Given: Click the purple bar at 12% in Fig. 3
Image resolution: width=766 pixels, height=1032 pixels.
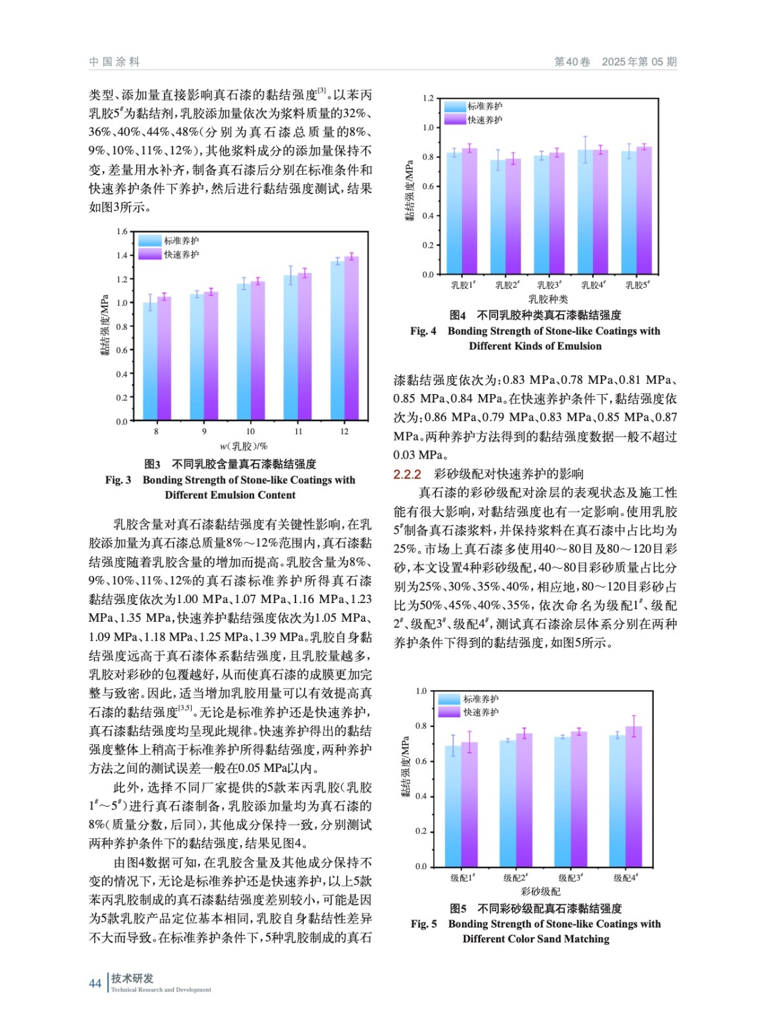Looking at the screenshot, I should click(352, 339).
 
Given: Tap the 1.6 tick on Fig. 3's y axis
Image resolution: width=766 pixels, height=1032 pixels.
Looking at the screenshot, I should click(122, 232).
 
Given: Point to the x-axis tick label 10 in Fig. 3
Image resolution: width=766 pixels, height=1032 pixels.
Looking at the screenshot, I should click(250, 432).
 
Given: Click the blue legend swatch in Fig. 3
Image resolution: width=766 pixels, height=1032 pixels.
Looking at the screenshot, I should click(150, 241).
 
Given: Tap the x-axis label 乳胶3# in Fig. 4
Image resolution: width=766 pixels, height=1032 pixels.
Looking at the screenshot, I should click(549, 285).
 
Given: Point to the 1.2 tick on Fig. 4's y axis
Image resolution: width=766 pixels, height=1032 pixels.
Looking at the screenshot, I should click(428, 99).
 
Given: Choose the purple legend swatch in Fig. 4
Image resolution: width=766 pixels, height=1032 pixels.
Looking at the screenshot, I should click(454, 120).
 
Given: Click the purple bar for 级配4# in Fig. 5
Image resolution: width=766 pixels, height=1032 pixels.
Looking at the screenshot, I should click(634, 797).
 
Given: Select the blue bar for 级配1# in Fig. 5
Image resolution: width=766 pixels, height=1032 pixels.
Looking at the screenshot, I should click(453, 806).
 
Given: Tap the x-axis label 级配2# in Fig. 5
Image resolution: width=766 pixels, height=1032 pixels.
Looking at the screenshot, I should click(516, 878).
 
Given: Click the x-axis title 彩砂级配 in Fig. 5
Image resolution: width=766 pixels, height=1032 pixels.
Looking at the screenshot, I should click(541, 891).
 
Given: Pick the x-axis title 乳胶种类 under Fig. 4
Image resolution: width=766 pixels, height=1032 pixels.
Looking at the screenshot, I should click(548, 299).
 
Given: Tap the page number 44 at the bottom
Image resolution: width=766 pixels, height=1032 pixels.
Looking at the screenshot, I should click(95, 983).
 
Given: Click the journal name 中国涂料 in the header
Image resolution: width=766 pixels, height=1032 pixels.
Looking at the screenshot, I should click(114, 62).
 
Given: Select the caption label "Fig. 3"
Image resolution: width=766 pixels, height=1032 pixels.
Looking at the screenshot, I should click(118, 480).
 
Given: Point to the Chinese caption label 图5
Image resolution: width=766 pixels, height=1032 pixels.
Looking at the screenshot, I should click(458, 908).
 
